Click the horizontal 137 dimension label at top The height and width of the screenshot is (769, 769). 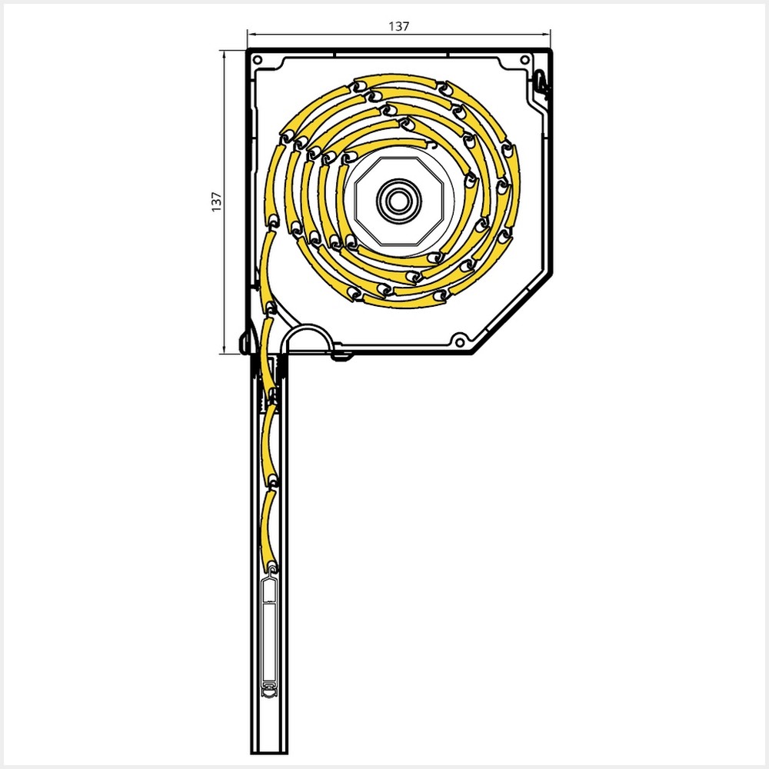click(x=398, y=25)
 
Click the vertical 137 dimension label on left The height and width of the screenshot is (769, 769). click(x=216, y=201)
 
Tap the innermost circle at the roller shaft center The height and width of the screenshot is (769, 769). click(x=398, y=201)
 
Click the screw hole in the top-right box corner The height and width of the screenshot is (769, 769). click(x=524, y=59)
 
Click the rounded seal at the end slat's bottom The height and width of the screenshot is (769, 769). click(x=270, y=691)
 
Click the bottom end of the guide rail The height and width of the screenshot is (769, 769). click(x=269, y=749)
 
